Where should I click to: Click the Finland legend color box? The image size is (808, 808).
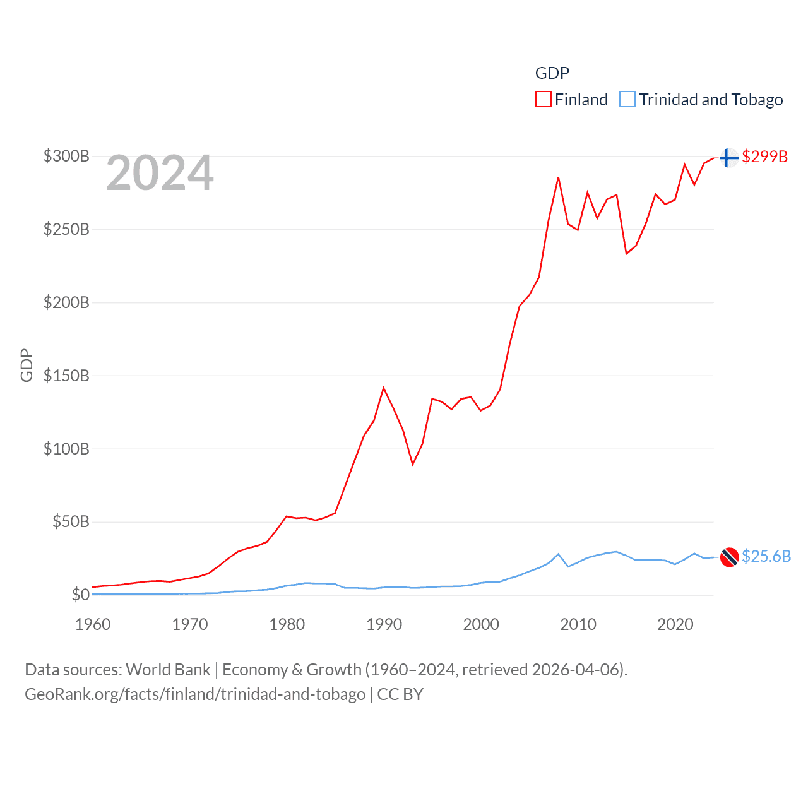(543, 100)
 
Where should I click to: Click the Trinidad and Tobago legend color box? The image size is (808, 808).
(627, 100)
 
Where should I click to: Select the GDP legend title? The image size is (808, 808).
(552, 73)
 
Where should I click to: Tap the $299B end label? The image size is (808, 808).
(764, 157)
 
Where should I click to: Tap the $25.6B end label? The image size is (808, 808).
(766, 556)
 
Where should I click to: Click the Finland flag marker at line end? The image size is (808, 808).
(729, 157)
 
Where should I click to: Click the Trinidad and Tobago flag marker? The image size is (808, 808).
(729, 557)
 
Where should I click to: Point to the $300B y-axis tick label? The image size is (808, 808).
(66, 156)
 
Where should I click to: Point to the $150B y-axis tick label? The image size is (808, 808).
(66, 376)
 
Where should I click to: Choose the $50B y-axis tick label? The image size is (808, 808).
(71, 521)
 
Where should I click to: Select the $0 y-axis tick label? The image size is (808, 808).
(80, 595)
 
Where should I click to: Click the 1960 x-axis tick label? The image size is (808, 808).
(93, 624)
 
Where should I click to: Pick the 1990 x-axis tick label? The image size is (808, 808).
(384, 624)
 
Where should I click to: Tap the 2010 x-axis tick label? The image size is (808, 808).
(578, 624)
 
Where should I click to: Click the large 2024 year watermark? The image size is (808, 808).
(160, 173)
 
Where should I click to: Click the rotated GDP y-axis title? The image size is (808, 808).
(27, 365)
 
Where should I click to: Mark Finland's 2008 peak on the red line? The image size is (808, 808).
(558, 177)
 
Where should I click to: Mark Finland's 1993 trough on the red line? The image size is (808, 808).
(413, 465)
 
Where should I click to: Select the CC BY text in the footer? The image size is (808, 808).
(400, 694)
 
